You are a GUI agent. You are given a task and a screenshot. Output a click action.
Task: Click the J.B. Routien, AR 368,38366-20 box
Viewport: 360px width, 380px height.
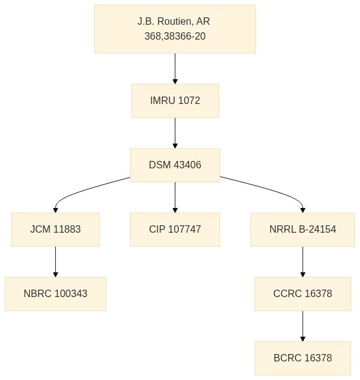point(175,29)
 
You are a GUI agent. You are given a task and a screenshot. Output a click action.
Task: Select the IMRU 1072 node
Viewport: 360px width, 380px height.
point(175,101)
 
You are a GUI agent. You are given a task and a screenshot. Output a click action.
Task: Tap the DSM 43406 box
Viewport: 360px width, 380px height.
point(175,165)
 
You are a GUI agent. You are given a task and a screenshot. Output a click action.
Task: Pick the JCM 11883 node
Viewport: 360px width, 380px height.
point(55,230)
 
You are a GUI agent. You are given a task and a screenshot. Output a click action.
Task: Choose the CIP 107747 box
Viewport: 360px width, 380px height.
point(175,230)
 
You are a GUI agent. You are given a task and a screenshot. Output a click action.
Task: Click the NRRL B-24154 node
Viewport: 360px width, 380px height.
point(302,230)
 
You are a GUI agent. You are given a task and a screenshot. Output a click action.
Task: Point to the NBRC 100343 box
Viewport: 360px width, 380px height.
point(55,294)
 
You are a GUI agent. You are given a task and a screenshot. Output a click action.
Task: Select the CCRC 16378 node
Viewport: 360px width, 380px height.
point(302,294)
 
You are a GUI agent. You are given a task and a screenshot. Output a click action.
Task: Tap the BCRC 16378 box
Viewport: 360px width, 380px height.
point(302,358)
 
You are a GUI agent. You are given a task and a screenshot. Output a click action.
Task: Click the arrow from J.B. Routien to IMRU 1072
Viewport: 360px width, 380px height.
point(175,69)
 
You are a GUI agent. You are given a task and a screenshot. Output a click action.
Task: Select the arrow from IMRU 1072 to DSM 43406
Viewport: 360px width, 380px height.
point(175,133)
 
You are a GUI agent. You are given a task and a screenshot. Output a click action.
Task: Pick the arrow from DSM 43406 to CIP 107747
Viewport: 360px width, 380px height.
point(175,197)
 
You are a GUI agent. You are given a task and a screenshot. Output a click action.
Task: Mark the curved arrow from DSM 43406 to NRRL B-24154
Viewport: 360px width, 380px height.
point(271,190)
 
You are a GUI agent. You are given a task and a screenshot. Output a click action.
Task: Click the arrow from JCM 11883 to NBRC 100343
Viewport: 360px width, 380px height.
point(55,262)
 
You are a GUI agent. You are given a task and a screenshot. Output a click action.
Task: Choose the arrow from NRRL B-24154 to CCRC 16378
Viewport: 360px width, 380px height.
point(302,262)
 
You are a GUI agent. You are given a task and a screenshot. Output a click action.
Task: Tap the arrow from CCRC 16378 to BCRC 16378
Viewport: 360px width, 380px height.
point(302,326)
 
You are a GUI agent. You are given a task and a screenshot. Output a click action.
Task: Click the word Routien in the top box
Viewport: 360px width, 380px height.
point(175,22)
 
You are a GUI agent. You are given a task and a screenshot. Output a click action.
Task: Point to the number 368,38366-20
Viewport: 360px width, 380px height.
point(175,37)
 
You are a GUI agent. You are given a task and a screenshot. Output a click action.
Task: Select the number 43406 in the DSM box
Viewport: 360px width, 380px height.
point(188,165)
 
